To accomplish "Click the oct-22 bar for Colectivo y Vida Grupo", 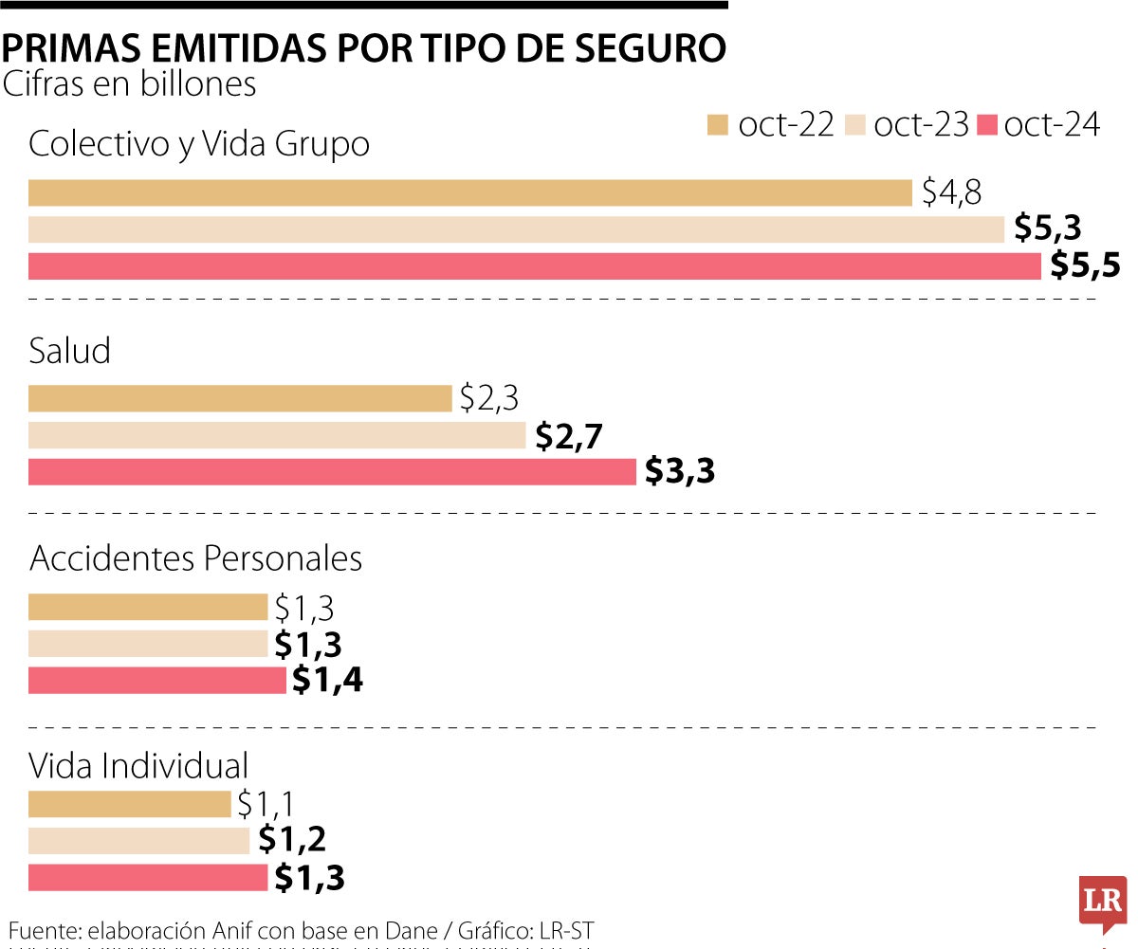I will coord(469,192).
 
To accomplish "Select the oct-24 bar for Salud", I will coord(332,471).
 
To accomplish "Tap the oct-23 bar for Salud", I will coord(277,435).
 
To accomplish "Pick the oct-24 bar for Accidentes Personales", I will coord(156,680).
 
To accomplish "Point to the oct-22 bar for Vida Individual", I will coord(129,804).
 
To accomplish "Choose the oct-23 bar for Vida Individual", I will coord(138,840).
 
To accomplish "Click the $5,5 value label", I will coord(1085,266).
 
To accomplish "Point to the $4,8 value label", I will coord(951,192).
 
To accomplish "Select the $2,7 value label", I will coord(570,435).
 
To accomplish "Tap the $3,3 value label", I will coord(679,471).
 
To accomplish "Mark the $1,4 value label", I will coord(327,680).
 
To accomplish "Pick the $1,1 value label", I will coord(266,804).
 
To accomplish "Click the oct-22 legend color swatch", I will coord(718,125).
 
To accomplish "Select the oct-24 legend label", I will coord(1051,124).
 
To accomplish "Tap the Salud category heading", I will coord(70,351).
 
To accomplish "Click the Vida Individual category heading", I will coord(138,764).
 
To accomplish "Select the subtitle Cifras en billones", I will coord(129,83).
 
